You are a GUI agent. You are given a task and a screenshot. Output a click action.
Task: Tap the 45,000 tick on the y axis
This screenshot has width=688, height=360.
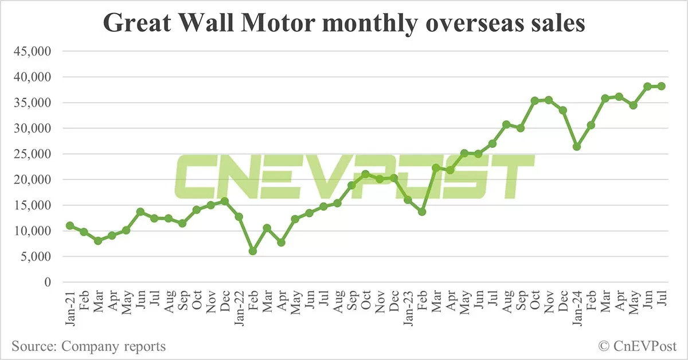[x=33, y=52]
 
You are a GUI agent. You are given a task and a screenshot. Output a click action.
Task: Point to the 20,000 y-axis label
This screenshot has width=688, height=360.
[x=33, y=180]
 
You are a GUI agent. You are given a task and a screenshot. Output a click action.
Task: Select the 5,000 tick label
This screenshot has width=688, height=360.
[x=36, y=257]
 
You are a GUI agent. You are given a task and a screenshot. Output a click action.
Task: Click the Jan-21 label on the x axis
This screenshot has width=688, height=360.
[x=70, y=308]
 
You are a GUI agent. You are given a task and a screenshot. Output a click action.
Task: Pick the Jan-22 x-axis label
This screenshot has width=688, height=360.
[x=239, y=308]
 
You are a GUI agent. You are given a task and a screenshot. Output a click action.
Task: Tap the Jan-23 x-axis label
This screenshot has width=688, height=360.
[x=408, y=308]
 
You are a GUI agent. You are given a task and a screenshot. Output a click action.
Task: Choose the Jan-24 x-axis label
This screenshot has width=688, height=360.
[x=577, y=308]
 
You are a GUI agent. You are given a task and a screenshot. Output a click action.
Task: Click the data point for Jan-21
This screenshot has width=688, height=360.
[x=70, y=226]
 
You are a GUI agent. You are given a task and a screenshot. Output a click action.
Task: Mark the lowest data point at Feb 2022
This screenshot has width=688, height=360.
[x=253, y=251]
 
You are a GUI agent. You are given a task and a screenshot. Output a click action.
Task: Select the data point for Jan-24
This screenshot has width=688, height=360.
[x=577, y=147]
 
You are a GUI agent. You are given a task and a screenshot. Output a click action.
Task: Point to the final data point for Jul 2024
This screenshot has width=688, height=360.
[x=661, y=86]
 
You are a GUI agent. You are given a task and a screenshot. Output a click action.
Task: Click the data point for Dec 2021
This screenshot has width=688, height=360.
[x=225, y=201]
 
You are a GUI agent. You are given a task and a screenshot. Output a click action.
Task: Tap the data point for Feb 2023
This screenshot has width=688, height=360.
[x=422, y=212]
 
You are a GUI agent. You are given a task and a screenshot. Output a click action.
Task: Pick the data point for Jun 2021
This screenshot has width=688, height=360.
[x=140, y=212]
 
